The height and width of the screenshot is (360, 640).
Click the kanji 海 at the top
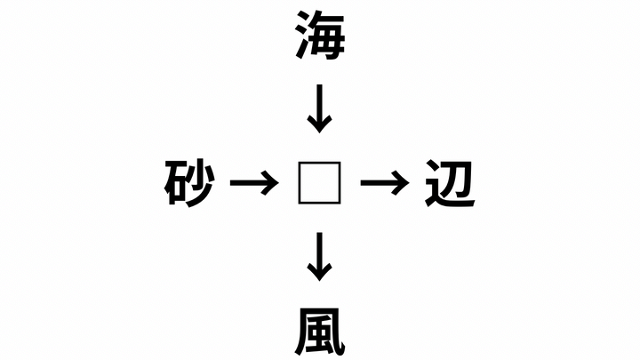tap(320, 36)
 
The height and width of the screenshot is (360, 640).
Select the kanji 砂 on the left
tap(189, 183)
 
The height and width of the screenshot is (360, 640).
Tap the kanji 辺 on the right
tap(450, 183)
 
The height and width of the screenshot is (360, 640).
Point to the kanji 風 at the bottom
tap(320, 331)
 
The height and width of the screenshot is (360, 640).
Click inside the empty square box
tap(319, 183)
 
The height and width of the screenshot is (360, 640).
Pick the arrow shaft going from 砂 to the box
tap(251, 183)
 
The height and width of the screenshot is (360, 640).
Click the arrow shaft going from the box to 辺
tap(380, 183)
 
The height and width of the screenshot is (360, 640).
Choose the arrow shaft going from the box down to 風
tap(319, 253)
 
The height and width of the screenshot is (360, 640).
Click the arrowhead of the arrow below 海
tap(319, 124)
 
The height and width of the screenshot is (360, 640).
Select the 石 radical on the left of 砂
tap(175, 183)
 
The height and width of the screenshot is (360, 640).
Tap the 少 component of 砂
tap(201, 183)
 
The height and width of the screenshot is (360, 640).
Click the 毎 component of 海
tap(328, 36)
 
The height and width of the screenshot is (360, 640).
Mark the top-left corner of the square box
tap(299, 163)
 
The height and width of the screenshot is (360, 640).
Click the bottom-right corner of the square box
tap(340, 204)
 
